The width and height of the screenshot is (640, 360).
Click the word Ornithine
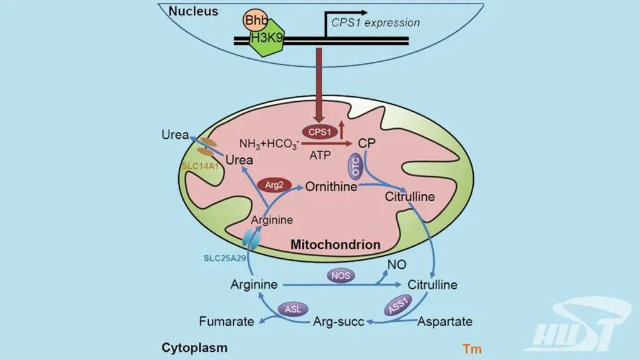331,187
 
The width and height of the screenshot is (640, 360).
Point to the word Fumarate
226,322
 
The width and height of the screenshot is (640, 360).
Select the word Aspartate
444,322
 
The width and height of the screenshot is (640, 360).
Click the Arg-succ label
337,322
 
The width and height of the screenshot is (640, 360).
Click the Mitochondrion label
336,244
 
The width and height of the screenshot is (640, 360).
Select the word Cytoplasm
194,347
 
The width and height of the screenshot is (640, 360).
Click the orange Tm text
472,348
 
